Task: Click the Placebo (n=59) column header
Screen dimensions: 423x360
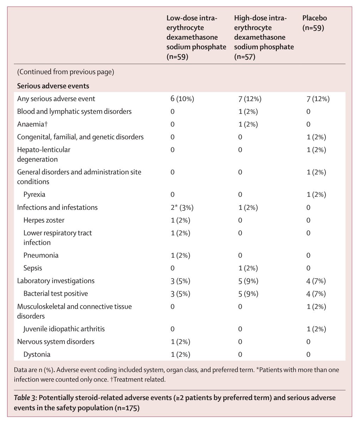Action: pyautogui.click(x=313, y=23)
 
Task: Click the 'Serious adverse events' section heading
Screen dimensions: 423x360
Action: pyautogui.click(x=53, y=86)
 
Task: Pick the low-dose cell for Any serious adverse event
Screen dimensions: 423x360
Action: pyautogui.click(x=182, y=99)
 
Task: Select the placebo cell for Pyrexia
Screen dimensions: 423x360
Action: pyautogui.click(x=316, y=195)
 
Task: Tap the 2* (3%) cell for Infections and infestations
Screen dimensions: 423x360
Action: pyautogui.click(x=182, y=207)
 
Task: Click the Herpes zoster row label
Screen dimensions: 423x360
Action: pyautogui.click(x=44, y=220)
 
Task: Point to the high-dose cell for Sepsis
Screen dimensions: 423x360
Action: pyautogui.click(x=248, y=268)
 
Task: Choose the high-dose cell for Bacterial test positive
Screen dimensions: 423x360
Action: pyautogui.click(x=248, y=294)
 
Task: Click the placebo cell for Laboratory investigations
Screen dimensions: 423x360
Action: pyautogui.click(x=316, y=281)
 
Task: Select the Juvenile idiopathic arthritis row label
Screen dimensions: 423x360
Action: pyautogui.click(x=64, y=329)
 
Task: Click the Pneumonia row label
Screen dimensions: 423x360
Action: pyautogui.click(x=41, y=255)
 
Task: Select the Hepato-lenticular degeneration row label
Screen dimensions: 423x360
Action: pyautogui.click(x=44, y=154)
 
